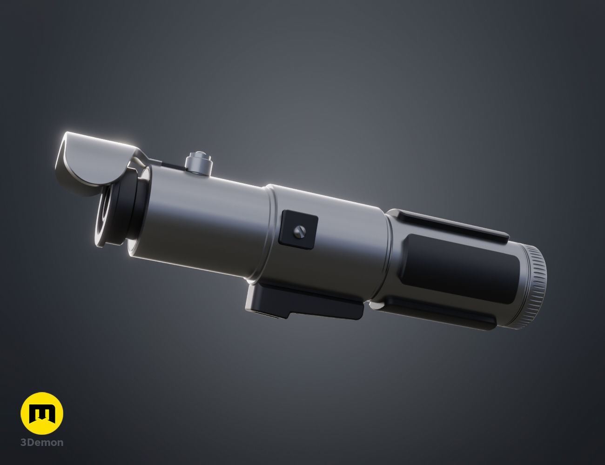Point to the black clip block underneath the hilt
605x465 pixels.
tap(302, 305)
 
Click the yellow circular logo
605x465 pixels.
tap(42, 413)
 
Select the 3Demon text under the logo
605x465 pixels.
tap(42, 443)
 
